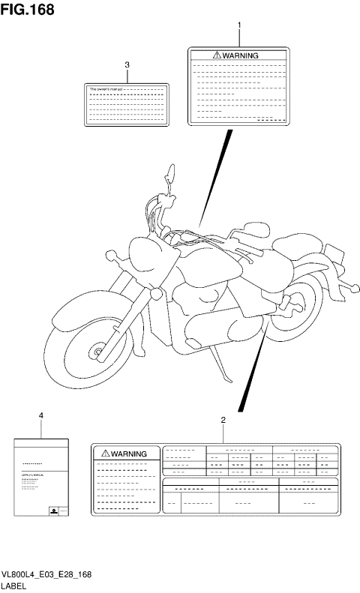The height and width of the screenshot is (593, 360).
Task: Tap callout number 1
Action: [239, 25]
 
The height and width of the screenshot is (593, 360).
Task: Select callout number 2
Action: [223, 420]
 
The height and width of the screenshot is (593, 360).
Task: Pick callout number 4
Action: [40, 415]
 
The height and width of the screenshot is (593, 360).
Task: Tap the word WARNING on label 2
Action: [130, 454]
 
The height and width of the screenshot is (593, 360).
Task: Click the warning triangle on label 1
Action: [217, 55]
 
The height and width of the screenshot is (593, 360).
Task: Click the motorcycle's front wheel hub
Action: [97, 351]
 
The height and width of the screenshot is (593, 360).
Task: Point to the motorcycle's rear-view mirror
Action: [171, 175]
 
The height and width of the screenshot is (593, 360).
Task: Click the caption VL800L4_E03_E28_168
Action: [46, 574]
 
